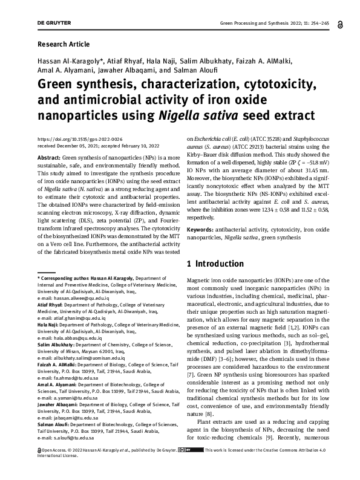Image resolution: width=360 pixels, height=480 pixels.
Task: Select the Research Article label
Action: click(64, 44)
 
